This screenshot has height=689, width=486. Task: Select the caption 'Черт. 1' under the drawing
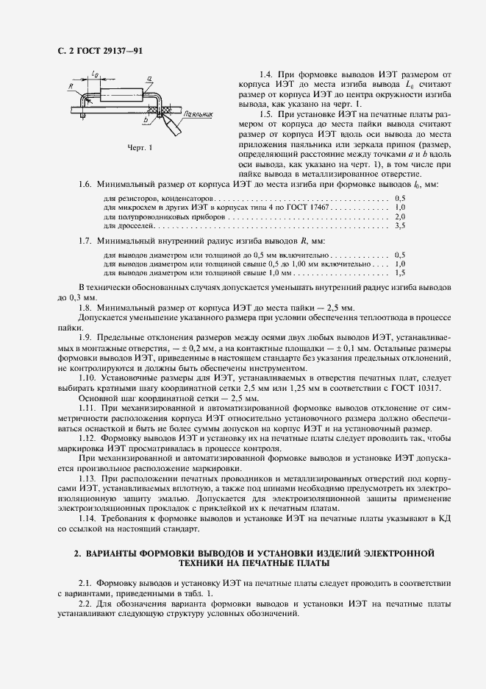pyautogui.click(x=140, y=147)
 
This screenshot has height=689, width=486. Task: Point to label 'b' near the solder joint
pyautogui.click(x=146, y=119)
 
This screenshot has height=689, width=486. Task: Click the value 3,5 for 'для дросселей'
pyautogui.click(x=400, y=227)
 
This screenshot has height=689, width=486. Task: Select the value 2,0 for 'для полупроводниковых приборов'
pyautogui.click(x=400, y=218)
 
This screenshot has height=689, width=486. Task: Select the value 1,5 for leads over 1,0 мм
pyautogui.click(x=400, y=273)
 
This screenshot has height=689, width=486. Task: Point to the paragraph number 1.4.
pyautogui.click(x=268, y=76)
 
